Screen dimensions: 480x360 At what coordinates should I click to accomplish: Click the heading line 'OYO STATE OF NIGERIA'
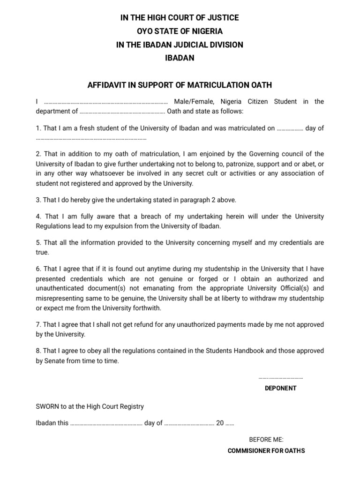coord(180,31)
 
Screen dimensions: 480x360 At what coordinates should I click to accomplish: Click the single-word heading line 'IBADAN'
coord(180,58)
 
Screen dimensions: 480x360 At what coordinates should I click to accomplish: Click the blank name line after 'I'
coord(105,102)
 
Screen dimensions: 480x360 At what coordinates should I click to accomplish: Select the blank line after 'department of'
coord(122,112)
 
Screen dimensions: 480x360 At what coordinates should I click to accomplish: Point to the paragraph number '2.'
coord(39,154)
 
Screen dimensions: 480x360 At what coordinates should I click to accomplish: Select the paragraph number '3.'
coord(39,200)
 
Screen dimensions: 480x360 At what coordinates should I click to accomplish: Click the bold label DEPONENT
coord(280,388)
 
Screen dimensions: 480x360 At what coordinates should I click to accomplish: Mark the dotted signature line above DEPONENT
coord(280,378)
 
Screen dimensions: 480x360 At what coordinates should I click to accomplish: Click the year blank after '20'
coord(230,423)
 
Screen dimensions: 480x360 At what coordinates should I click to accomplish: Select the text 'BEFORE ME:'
coord(266,440)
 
